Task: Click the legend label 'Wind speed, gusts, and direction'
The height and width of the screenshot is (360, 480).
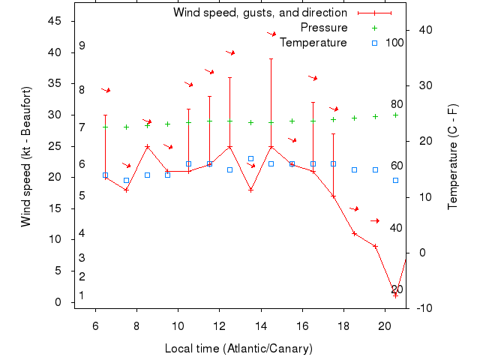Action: tap(259, 13)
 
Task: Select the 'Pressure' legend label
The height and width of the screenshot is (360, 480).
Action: tap(324, 28)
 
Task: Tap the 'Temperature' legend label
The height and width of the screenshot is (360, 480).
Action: tap(313, 43)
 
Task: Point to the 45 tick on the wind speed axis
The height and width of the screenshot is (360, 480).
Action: tap(55, 21)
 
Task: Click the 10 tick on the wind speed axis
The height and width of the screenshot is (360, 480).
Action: tap(55, 240)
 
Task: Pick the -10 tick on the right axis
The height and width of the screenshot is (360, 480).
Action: tap(422, 308)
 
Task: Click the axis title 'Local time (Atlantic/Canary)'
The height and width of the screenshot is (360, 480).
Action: tap(238, 349)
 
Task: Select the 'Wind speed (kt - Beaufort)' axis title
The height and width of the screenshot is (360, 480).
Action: tap(26, 156)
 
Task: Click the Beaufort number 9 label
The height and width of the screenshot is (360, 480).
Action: tap(82, 46)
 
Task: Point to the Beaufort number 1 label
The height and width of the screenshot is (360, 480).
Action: tap(81, 296)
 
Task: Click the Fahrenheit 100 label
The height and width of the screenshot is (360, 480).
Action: tap(394, 43)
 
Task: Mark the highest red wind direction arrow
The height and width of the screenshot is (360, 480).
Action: tap(271, 34)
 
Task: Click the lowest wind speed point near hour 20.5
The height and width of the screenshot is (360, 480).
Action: tap(395, 295)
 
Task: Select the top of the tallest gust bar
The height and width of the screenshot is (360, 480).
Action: tap(271, 58)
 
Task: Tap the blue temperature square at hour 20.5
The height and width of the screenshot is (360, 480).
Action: tap(395, 180)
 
